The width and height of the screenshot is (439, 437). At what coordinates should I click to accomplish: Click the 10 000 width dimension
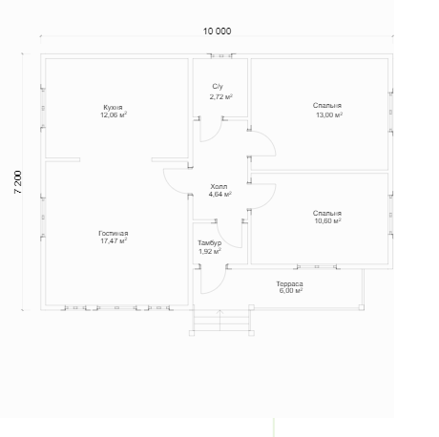coord(217,31)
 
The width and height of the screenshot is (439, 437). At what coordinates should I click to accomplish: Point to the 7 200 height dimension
coord(18,182)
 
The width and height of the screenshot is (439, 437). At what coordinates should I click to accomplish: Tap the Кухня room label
coord(113,108)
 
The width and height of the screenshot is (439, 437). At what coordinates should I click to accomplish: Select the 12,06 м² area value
coord(114,114)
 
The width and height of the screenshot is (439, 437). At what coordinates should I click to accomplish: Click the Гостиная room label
coord(114,234)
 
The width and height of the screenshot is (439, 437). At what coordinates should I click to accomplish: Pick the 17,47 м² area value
coord(114,240)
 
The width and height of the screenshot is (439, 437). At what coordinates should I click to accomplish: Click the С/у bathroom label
coord(218,87)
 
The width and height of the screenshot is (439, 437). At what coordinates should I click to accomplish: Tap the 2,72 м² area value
coord(220,96)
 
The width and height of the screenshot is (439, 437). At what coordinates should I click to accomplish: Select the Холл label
coord(219,186)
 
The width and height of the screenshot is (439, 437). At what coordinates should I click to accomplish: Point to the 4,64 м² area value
coord(219,194)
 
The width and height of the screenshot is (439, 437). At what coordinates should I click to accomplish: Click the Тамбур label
coord(210,243)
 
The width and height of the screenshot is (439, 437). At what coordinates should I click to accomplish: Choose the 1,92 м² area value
coord(210,251)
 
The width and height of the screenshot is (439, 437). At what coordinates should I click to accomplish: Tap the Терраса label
coord(289,283)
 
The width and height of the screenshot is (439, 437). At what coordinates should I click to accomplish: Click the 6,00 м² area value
coord(291,291)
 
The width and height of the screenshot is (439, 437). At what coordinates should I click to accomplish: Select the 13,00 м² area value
coord(329,114)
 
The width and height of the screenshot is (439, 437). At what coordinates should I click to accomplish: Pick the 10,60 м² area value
coord(327,220)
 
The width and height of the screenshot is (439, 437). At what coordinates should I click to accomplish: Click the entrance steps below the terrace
coord(221,322)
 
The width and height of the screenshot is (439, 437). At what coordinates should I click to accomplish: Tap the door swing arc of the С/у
coord(215,136)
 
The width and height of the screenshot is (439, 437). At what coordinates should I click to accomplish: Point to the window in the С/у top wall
coord(221,56)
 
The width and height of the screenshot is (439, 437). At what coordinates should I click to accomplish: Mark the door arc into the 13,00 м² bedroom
coord(269,140)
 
